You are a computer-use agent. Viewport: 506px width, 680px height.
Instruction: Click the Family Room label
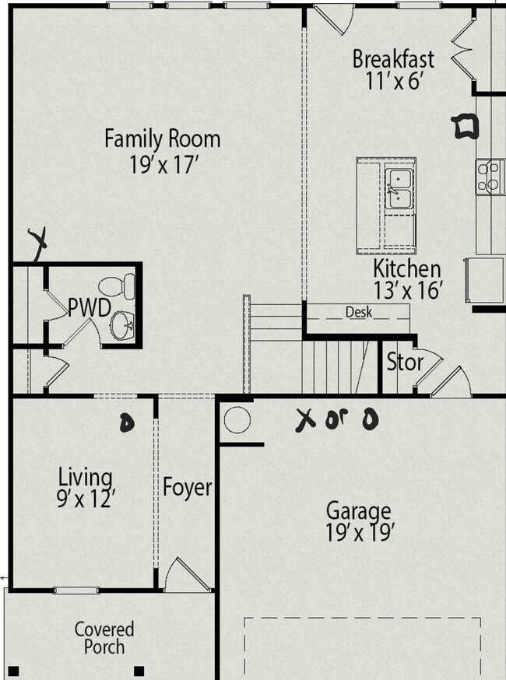(163, 139)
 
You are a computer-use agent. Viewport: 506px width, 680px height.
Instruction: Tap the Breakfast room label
(393, 59)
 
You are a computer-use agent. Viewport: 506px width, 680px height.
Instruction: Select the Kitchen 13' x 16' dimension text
(408, 290)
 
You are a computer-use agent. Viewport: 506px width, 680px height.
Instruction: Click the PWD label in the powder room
(88, 307)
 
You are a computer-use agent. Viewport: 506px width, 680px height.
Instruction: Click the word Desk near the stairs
(359, 313)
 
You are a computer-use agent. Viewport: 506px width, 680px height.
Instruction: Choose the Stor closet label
(405, 362)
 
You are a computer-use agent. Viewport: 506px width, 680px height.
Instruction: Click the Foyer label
(187, 488)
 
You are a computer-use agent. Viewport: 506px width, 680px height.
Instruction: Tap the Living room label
(85, 476)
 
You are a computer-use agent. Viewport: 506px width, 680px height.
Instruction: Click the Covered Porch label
(104, 637)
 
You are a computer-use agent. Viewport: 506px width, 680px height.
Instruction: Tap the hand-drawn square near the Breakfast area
(466, 125)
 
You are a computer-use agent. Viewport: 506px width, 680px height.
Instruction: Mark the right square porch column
(139, 671)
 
